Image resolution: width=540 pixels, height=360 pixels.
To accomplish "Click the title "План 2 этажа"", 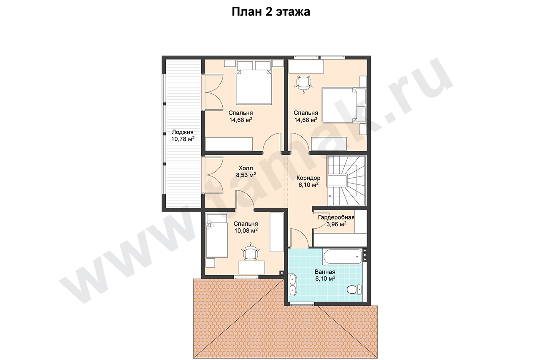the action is coord(271,12).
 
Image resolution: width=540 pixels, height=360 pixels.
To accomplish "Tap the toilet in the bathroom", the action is coord(354,289).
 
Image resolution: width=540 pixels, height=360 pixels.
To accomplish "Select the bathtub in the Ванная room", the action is coord(343,257).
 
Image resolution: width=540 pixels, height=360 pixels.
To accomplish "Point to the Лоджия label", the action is coord(183,132).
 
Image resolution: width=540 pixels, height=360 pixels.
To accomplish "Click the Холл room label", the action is coord(246,168).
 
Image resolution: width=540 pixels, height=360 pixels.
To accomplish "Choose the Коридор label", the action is coord(308,178).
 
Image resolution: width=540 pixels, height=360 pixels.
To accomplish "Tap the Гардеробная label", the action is coord(336,217).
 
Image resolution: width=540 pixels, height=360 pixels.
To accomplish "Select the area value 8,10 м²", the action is coord(325,279).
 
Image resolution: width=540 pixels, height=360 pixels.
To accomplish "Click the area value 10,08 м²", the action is coord(246,231).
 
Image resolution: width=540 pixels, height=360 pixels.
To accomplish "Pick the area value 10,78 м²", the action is coord(183,139).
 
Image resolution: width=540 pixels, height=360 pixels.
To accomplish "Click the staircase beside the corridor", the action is coord(346,181).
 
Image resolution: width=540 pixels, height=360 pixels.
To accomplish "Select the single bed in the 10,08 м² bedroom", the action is coord(217,235).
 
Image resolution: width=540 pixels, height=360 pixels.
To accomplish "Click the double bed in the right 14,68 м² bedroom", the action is coord(344,106).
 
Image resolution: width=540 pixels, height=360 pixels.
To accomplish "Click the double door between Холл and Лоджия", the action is coord(213,175).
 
